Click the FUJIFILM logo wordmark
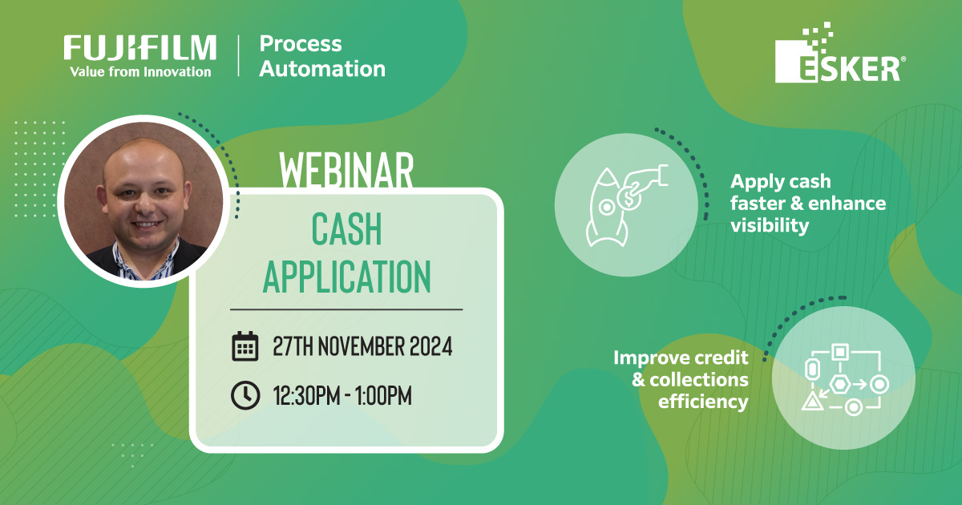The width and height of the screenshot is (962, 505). tap(140, 47)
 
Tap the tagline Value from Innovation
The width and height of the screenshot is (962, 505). tap(140, 72)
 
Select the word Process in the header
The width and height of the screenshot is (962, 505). tap(301, 44)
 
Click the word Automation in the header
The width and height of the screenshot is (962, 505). tap(322, 69)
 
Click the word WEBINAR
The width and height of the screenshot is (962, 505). tap(346, 168)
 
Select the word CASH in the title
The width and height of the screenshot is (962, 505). tap(346, 232)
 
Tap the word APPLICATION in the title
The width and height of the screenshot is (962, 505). tap(346, 277)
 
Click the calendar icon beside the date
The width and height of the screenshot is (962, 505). tap(245, 346)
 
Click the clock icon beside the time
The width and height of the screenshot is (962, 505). tap(245, 394)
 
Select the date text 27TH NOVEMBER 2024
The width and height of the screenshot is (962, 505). tap(362, 347)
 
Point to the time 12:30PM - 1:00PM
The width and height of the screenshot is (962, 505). tap(342, 395)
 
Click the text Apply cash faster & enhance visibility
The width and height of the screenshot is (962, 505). tap(807, 204)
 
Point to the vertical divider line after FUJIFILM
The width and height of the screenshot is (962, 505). tap(238, 56)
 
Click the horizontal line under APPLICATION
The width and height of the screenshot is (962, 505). tap(346, 309)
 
